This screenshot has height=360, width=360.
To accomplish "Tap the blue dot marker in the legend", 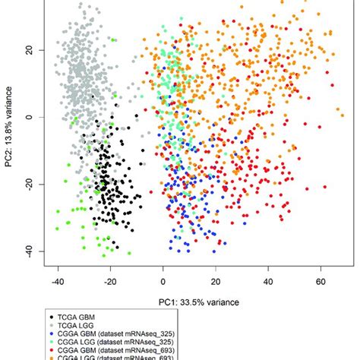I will [x=50, y=335].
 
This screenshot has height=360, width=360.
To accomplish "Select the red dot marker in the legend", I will [x=50, y=352].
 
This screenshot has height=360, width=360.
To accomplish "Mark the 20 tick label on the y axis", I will [x=30, y=50].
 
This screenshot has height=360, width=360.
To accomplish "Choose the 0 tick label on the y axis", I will [x=30, y=117].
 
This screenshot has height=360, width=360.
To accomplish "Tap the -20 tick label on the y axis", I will [x=30, y=184].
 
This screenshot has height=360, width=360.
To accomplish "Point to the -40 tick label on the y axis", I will [x=30, y=251].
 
